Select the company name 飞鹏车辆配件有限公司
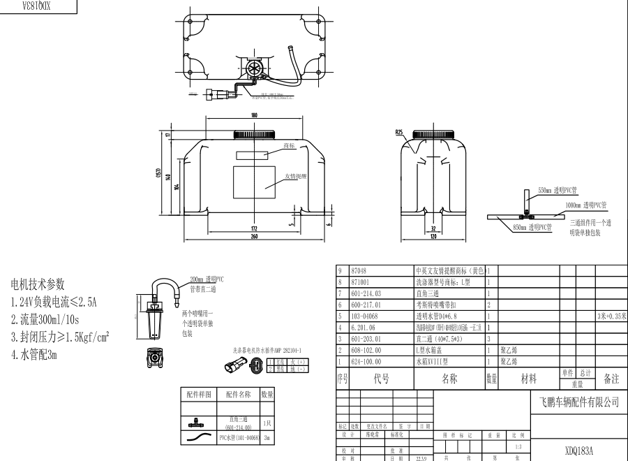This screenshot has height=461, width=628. [x=579, y=402]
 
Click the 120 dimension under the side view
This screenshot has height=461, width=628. [x=433, y=237]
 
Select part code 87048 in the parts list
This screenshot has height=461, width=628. [x=360, y=270]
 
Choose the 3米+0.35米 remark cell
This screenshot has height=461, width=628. [x=611, y=316]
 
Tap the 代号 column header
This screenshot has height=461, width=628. [x=381, y=379]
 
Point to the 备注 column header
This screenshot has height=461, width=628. [x=611, y=379]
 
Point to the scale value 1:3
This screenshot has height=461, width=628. [x=517, y=446]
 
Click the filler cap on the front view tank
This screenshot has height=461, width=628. [x=253, y=133]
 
